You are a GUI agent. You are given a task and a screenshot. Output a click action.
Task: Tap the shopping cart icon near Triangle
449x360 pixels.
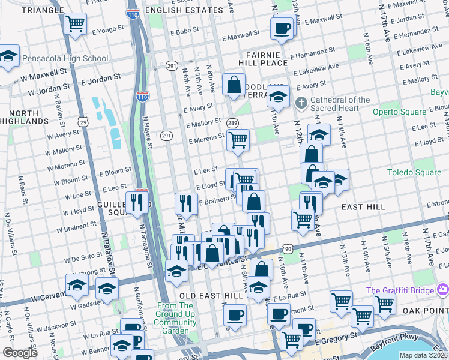(76, 24)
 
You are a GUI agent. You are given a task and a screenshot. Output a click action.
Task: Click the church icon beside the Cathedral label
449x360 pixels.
(301, 104)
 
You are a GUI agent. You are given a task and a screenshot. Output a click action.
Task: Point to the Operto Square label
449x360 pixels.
(399, 112)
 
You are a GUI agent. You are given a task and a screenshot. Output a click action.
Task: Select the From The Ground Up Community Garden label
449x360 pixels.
(175, 318)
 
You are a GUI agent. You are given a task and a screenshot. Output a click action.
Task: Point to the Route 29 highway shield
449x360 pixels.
(83, 122)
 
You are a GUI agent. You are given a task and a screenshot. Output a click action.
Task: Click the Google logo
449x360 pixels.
(20, 353)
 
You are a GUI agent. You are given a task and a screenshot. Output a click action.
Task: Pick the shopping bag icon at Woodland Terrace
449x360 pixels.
(234, 85)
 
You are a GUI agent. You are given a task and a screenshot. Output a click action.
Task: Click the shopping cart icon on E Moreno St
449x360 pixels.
(238, 140)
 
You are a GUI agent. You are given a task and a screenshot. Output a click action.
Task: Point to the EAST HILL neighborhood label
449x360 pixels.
(363, 206)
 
